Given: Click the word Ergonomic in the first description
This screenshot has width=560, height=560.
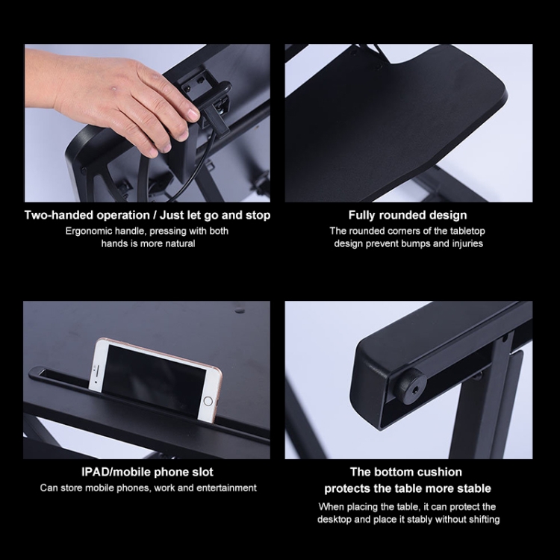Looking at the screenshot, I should [x=89, y=231].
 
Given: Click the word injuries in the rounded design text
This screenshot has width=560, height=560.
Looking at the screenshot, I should [x=464, y=243].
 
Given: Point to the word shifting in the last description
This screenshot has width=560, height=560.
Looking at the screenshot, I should [x=482, y=520].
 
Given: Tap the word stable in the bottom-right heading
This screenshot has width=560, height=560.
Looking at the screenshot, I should [x=473, y=488].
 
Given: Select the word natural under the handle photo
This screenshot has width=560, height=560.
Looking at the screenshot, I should [x=178, y=243].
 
